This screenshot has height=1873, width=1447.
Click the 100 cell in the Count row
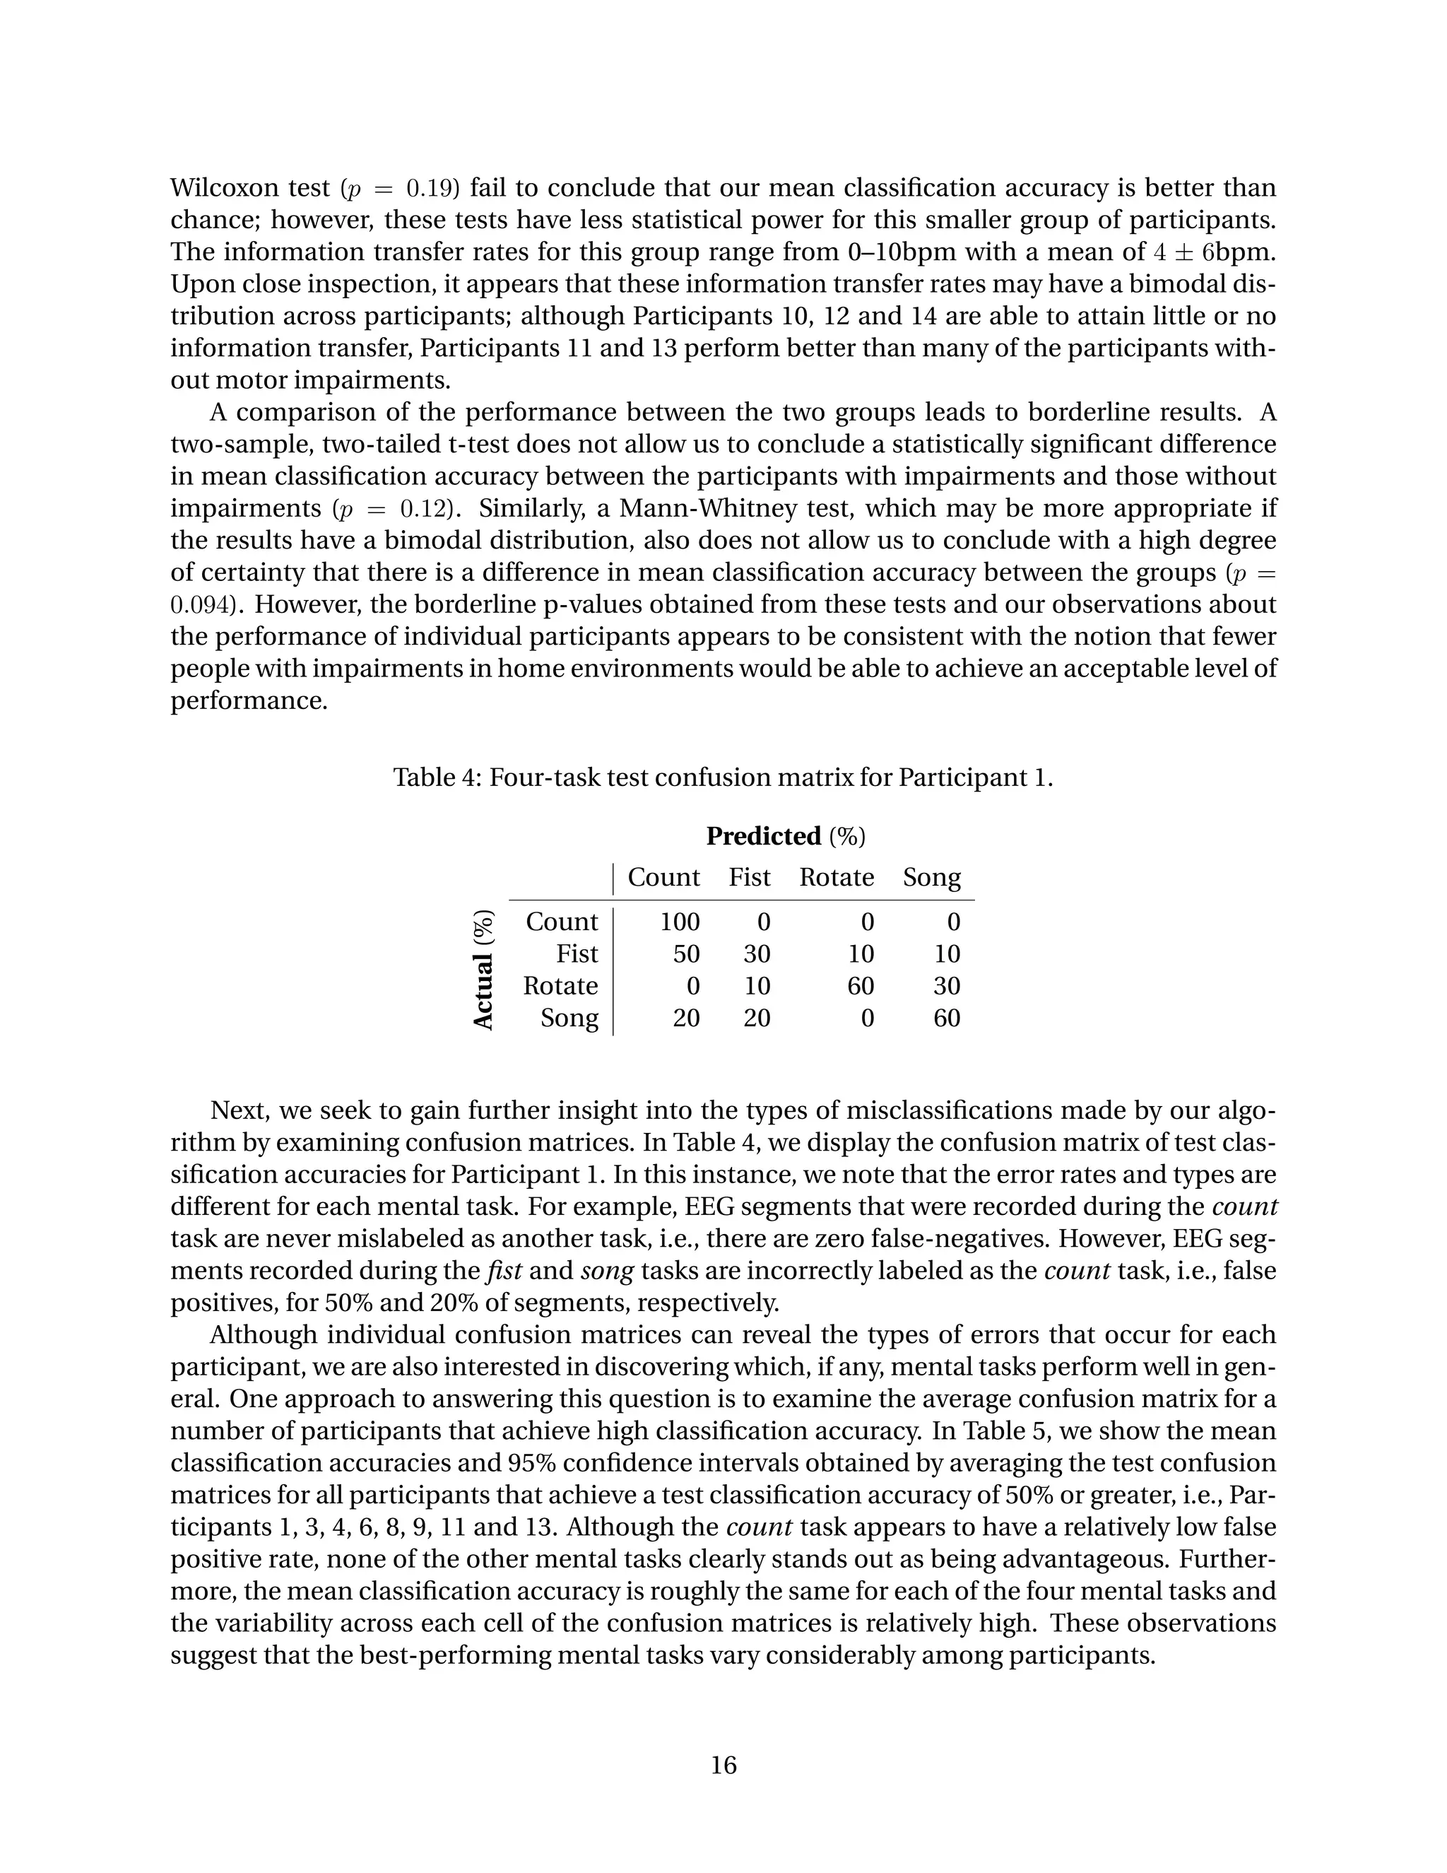tap(680, 922)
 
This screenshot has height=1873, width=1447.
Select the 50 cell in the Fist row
tap(686, 953)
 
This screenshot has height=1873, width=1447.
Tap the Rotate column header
tap(837, 877)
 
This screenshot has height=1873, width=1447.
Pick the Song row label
tap(569, 1018)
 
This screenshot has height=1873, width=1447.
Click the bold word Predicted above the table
tap(763, 836)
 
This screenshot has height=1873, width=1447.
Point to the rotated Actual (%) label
tap(484, 969)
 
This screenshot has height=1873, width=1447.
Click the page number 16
tap(723, 1765)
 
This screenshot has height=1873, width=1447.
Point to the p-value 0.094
tap(199, 604)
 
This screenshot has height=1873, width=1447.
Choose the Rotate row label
tap(560, 986)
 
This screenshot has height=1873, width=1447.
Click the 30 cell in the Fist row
tap(756, 953)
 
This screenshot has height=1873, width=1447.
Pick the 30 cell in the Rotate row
tap(946, 986)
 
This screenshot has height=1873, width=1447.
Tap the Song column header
tap(932, 877)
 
